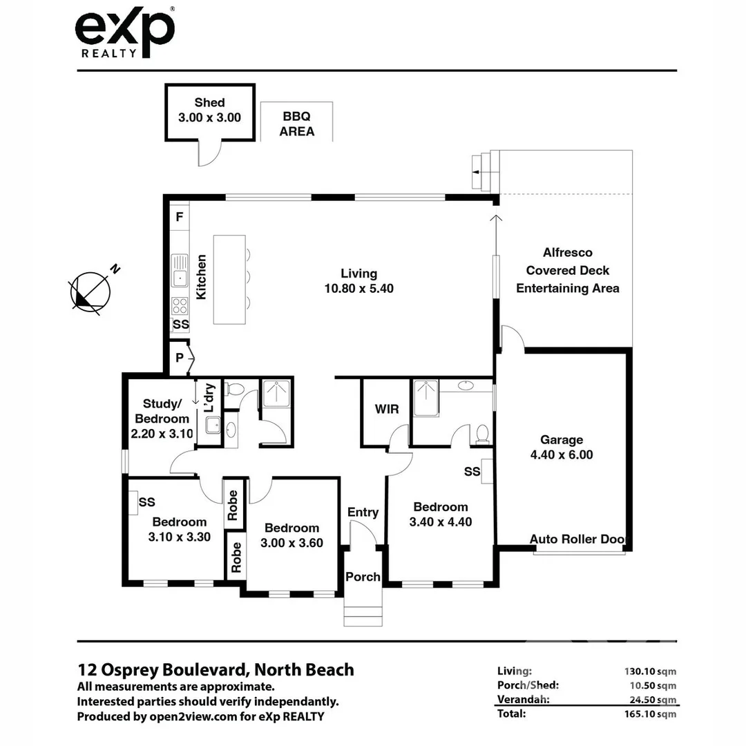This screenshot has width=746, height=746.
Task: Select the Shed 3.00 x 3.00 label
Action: tap(209, 111)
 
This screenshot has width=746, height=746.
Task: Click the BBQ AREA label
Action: tap(296, 124)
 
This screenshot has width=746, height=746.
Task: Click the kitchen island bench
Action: tap(229, 279)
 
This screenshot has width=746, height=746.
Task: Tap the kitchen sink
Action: tap(180, 270)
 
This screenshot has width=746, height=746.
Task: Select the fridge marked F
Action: tap(180, 217)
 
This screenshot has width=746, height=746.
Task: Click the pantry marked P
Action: tap(180, 358)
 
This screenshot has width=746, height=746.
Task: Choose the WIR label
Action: tap(386, 410)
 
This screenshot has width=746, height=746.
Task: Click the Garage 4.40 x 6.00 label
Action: tap(561, 447)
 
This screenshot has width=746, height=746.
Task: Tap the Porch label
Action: tap(363, 577)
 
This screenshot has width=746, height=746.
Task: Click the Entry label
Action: tap(363, 512)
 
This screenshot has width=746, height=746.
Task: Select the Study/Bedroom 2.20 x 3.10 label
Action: tap(162, 419)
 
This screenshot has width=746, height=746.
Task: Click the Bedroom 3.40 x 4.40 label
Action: tap(441, 515)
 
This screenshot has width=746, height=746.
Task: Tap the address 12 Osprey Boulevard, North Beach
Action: tap(216, 669)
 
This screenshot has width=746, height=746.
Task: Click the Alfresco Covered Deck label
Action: tap(567, 270)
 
